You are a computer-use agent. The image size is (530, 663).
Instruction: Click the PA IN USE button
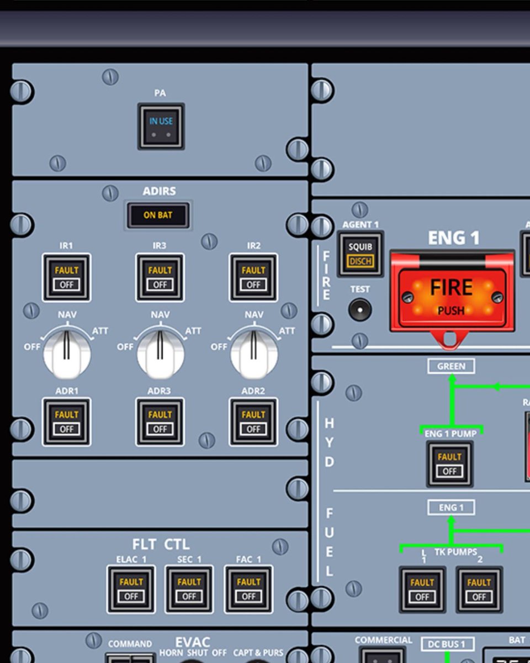point(161,126)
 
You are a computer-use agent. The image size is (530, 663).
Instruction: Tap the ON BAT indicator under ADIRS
point(158,215)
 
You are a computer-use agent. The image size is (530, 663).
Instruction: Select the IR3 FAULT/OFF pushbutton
point(160,277)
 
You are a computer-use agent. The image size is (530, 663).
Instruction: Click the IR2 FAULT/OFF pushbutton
point(253,277)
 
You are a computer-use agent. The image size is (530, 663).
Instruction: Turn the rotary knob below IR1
point(67,352)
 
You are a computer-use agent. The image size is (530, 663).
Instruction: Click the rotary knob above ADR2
point(254,352)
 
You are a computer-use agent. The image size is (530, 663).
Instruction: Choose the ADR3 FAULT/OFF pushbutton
point(160,422)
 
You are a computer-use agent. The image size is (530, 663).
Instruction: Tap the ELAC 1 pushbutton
point(131,589)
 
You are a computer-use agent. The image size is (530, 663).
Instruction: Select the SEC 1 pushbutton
point(189,589)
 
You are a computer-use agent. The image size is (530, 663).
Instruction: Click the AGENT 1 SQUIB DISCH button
point(360,254)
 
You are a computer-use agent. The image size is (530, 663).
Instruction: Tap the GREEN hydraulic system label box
point(451,366)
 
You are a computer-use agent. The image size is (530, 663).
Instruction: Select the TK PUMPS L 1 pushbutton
point(422,590)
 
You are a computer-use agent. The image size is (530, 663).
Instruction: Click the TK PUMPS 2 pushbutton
point(479,590)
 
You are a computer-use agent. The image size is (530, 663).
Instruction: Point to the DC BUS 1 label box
point(448,644)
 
